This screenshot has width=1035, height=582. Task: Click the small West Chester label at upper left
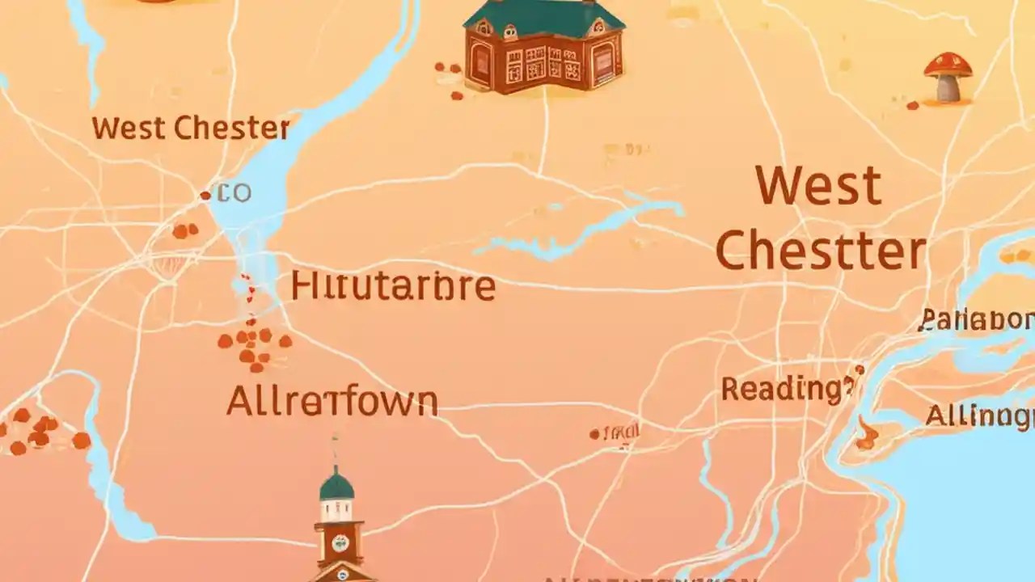(191, 128)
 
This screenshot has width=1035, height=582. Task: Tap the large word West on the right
(818, 186)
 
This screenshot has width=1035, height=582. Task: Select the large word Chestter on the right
(820, 251)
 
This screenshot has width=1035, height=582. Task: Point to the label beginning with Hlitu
(392, 286)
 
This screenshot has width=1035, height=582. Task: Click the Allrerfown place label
(332, 401)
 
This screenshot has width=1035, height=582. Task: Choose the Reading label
(786, 389)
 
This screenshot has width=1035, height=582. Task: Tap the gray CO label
(235, 193)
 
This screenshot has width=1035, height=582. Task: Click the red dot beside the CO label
(205, 195)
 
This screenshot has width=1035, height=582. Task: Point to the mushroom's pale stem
(948, 88)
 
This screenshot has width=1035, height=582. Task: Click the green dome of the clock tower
(336, 485)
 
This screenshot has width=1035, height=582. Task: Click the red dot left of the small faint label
(594, 434)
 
